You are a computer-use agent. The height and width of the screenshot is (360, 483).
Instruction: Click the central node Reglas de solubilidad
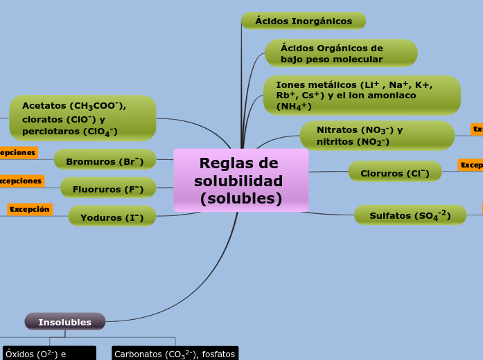coord(240,181)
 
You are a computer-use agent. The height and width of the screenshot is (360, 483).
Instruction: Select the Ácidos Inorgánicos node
coord(303,21)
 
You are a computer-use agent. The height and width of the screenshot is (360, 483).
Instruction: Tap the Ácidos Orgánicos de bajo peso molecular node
coord(340,53)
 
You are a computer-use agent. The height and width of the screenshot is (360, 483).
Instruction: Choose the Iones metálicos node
coord(361,96)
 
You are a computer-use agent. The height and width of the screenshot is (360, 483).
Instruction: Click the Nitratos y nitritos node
coord(376,136)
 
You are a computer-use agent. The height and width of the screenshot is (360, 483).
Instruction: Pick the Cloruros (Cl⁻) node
coord(394,172)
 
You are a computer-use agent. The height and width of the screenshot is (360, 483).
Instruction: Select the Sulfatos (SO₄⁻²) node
coord(410,215)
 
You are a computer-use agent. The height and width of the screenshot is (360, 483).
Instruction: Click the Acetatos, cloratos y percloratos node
coord(82,118)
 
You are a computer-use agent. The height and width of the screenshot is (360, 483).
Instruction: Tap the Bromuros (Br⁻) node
coord(105,161)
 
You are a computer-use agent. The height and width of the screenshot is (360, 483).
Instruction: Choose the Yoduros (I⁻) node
coord(112,217)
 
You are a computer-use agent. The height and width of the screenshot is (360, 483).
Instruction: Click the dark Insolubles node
coord(65,322)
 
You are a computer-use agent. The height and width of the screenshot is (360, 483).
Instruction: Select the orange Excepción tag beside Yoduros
coord(30,209)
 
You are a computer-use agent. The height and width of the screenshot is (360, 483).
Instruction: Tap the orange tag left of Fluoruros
coord(21,181)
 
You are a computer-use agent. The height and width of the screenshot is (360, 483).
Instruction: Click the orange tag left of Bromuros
coord(18,152)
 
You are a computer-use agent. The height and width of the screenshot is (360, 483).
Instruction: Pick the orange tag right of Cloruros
coord(471,165)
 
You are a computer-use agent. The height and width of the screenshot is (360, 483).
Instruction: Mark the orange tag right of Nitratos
coord(477,129)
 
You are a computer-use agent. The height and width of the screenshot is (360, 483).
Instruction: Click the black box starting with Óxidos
coord(49,353)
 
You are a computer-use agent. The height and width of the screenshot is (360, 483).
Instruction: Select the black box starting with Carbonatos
coord(175,353)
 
